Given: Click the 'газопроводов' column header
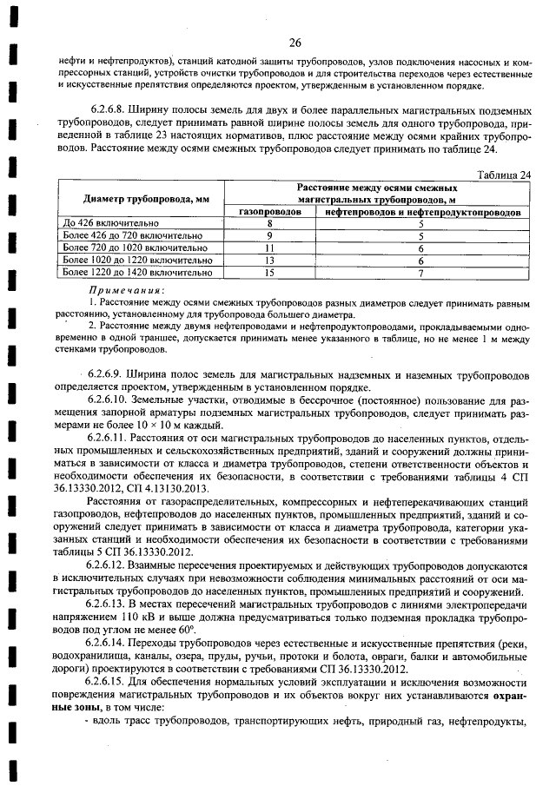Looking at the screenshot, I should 269,211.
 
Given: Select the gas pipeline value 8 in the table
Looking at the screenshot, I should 269,223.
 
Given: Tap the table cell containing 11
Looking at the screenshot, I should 269,248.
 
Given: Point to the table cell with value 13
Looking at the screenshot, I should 269,260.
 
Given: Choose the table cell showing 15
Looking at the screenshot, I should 269,272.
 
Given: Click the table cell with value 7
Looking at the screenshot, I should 420,272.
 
